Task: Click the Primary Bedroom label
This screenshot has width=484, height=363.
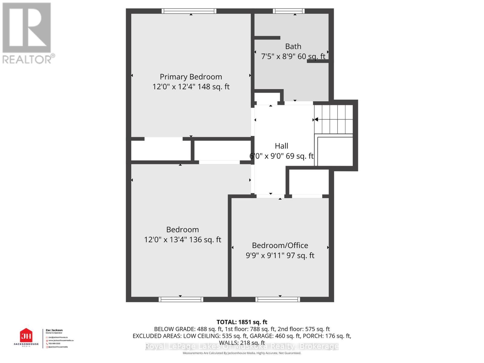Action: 191,77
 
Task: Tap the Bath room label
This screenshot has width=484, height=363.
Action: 293,46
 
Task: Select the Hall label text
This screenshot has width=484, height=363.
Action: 281,146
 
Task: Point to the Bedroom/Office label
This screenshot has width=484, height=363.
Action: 280,245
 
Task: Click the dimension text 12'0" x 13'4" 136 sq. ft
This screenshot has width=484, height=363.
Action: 182,240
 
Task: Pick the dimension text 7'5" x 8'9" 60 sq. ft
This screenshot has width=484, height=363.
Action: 293,56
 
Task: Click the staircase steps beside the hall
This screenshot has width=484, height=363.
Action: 334,119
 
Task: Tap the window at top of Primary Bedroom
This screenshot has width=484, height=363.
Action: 189,11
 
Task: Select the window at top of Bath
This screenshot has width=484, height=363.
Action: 289,11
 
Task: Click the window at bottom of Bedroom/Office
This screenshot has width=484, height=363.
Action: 278,299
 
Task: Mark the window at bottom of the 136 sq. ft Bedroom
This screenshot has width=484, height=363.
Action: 181,299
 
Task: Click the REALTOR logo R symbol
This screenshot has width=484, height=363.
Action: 27,28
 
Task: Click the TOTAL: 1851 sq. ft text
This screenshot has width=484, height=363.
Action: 242,322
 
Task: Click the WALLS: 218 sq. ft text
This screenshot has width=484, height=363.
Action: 242,343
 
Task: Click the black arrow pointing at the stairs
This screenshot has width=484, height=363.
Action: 316,119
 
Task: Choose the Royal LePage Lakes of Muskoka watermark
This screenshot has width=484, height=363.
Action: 242,346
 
